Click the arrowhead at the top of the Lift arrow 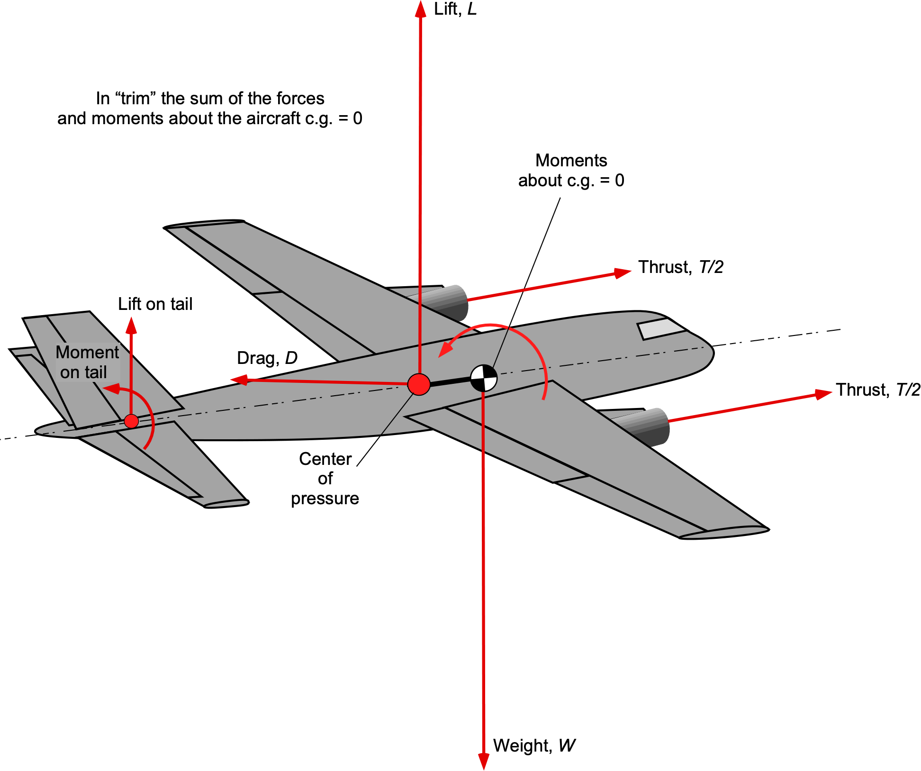click(x=420, y=9)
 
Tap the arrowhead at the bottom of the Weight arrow click(x=483, y=760)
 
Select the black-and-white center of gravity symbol click(x=483, y=378)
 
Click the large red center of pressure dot click(x=419, y=384)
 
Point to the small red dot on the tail click(x=131, y=421)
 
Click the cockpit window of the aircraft click(x=661, y=328)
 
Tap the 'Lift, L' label click(x=455, y=9)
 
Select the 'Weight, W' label click(x=534, y=745)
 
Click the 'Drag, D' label click(x=267, y=358)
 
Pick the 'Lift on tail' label click(x=155, y=304)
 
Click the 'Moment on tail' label click(x=87, y=363)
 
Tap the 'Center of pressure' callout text click(x=325, y=479)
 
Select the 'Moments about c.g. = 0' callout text click(x=571, y=171)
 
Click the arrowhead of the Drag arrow click(x=239, y=380)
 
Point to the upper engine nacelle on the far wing click(x=448, y=301)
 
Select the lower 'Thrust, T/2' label click(x=877, y=390)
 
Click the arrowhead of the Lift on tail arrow click(x=131, y=325)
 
